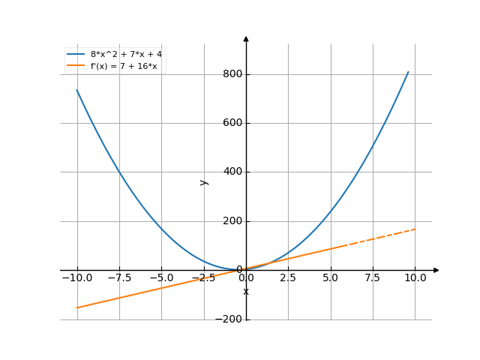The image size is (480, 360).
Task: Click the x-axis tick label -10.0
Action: [x=76, y=277]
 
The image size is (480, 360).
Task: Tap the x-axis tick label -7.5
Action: [x=118, y=277]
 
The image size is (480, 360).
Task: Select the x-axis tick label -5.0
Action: [x=161, y=277]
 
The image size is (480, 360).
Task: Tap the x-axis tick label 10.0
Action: [x=415, y=277]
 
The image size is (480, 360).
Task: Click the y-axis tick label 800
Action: [x=232, y=74]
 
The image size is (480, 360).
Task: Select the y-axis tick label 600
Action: [x=232, y=123]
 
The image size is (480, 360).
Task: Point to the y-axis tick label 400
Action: [x=232, y=172]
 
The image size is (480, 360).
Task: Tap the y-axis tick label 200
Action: [x=232, y=221]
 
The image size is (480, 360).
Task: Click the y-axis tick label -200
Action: [x=229, y=319]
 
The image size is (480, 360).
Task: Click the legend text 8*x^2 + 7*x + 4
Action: [x=126, y=54]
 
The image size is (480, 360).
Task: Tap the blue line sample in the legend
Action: [x=76, y=54]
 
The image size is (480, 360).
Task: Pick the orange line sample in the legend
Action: [x=76, y=65]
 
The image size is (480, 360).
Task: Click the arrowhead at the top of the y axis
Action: [x=246, y=37]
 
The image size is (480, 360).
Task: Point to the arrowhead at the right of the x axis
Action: [x=436, y=270]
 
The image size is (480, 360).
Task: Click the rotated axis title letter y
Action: [x=203, y=182]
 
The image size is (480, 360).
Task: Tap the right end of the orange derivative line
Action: [x=415, y=229]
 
